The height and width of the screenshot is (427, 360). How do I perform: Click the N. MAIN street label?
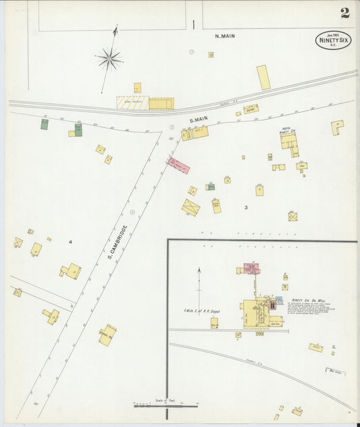coord(225,36)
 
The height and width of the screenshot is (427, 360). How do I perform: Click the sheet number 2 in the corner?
coord(345,13)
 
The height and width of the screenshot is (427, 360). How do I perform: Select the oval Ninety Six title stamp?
coord(333,40)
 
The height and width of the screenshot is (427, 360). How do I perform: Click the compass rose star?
coord(109,59)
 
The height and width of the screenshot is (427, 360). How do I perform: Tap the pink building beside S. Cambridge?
coord(179,166)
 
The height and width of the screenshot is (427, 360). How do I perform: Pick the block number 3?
coord(247,208)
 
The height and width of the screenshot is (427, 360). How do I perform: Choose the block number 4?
coord(70,242)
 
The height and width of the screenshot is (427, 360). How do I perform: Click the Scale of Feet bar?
coord(165,405)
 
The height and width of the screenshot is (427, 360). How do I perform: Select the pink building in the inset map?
coord(251,268)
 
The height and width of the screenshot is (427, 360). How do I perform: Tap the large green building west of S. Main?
coord(78,130)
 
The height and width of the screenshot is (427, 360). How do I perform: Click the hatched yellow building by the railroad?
coord(132,103)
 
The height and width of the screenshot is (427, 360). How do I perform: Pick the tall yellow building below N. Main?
coord(263,77)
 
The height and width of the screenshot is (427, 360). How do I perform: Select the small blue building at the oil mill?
coord(279,299)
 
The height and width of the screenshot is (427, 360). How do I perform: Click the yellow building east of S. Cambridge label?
coord(190,207)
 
